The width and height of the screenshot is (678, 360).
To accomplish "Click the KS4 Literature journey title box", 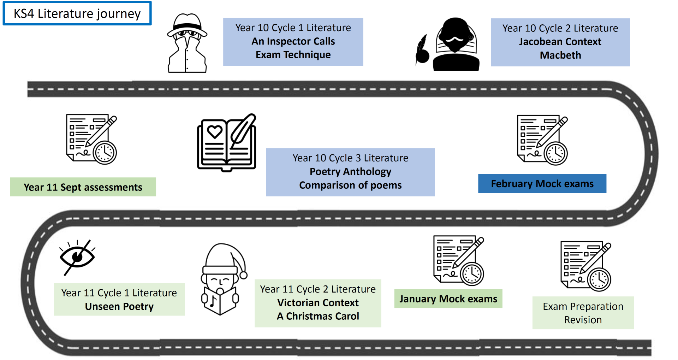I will click(x=77, y=13).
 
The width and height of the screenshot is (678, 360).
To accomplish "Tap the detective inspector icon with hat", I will click(x=187, y=43).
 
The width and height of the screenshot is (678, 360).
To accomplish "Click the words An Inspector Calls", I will click(x=293, y=41).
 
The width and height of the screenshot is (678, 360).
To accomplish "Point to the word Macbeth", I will click(x=560, y=55).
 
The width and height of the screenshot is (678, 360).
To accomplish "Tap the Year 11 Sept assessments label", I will click(x=83, y=187).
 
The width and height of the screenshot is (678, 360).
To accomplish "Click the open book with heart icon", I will click(x=226, y=143).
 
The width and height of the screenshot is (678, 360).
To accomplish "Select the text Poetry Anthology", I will click(x=350, y=172).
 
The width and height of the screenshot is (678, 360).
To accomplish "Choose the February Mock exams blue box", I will click(x=542, y=184).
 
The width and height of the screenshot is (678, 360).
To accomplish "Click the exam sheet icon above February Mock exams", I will click(x=542, y=140).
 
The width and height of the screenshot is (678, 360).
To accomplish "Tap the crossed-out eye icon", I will click(x=77, y=257).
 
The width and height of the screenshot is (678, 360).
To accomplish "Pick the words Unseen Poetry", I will click(x=119, y=306).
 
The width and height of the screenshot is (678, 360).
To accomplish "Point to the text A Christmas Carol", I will click(x=318, y=316).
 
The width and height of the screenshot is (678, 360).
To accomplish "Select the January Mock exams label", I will click(x=448, y=299).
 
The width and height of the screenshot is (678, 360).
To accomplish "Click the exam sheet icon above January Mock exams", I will click(x=458, y=260).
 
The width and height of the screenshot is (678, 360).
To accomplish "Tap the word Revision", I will click(x=583, y=320).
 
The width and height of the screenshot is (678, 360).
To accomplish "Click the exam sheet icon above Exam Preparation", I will click(x=585, y=266).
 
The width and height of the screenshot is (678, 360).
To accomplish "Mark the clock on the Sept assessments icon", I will click(x=105, y=153).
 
